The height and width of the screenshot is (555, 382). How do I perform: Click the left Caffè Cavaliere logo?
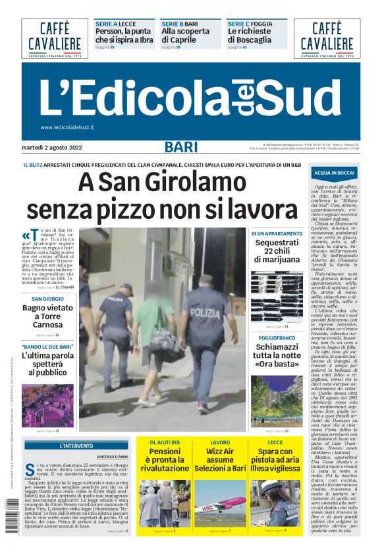point(55,38)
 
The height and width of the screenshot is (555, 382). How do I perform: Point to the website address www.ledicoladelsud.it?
point(67,127)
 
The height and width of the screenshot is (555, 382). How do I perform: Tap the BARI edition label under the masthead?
point(181,147)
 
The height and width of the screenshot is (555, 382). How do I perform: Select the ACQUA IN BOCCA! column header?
point(335,173)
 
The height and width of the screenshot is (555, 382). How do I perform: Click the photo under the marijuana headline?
point(277,297)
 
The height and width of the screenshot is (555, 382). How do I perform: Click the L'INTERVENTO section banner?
point(76,446)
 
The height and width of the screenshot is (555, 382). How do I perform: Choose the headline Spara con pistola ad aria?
point(275,459)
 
